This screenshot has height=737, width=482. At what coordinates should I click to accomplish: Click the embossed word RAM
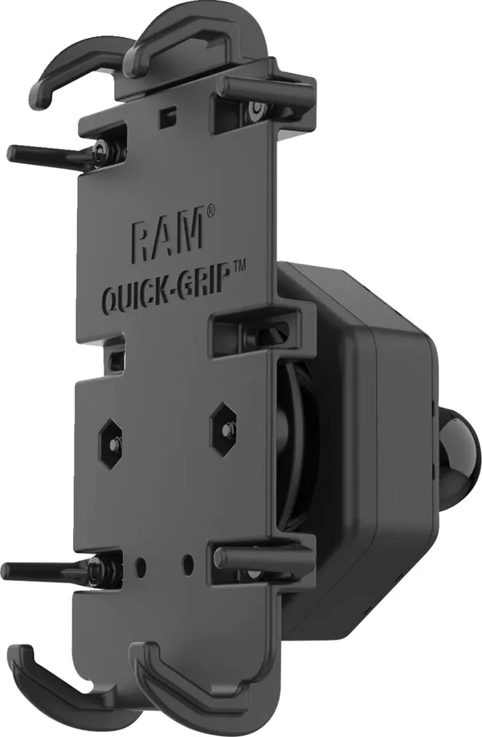[x=167, y=234]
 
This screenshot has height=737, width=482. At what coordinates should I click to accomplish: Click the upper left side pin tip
[x=11, y=152]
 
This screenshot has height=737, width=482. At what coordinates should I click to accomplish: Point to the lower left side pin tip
[x=6, y=570]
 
